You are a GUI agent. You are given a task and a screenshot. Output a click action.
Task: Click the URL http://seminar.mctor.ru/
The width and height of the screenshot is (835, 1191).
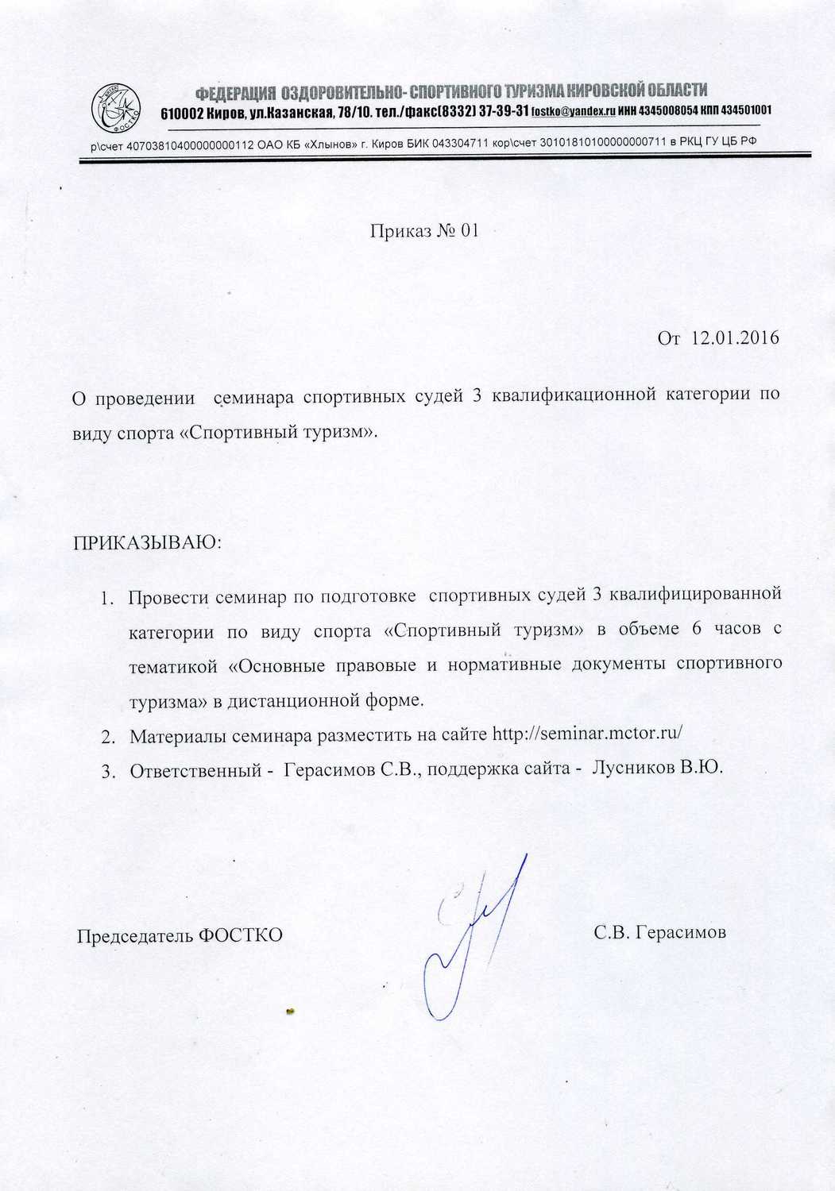pyautogui.click(x=588, y=734)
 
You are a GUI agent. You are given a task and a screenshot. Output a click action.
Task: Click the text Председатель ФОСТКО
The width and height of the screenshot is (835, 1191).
pyautogui.click(x=180, y=935)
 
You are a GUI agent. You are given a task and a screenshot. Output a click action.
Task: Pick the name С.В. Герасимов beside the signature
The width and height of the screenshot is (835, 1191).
pyautogui.click(x=659, y=932)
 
